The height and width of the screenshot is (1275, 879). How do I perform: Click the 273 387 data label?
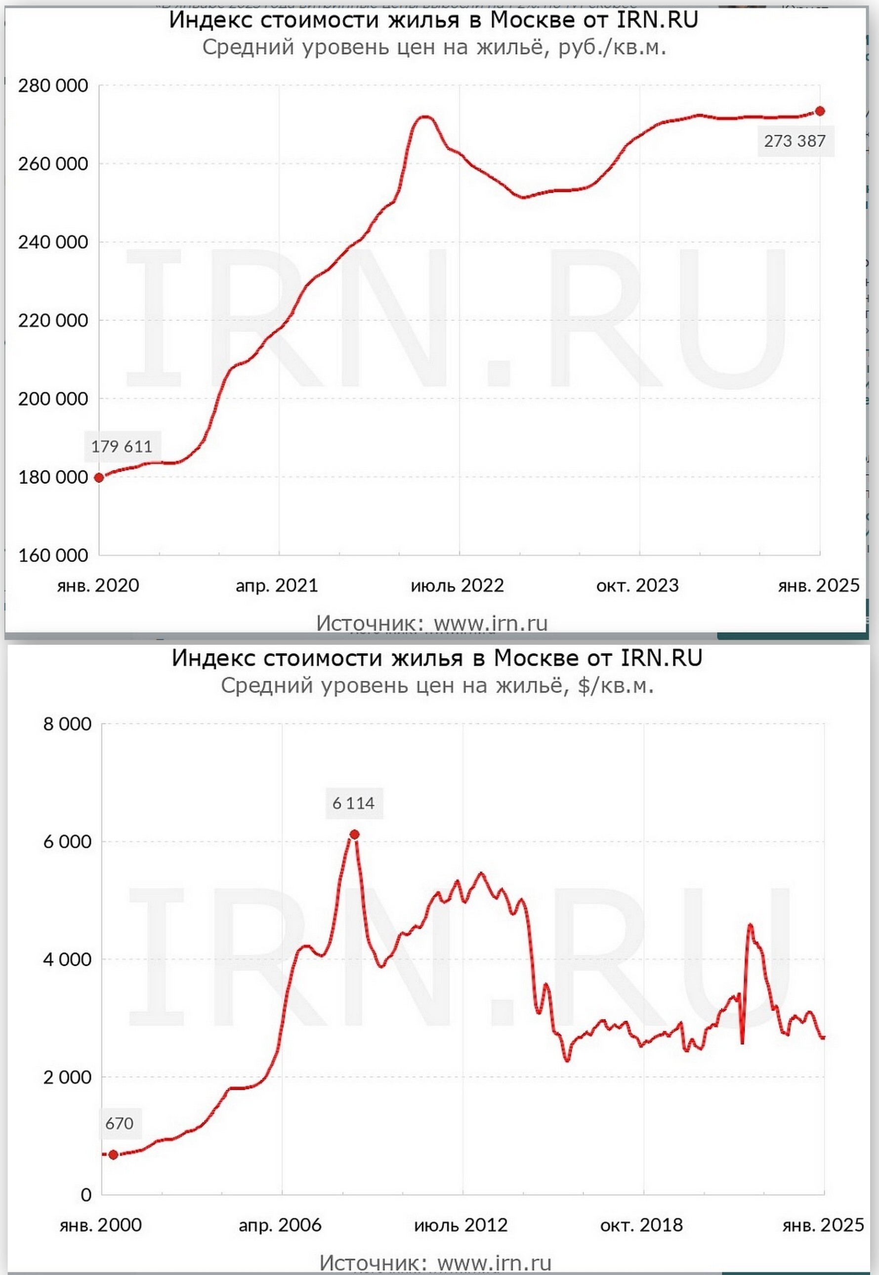coord(795,141)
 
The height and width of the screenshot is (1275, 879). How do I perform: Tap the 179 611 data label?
coord(122,446)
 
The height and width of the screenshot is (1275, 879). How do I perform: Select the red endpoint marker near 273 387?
coord(820,111)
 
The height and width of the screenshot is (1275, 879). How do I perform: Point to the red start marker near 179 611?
coord(99,477)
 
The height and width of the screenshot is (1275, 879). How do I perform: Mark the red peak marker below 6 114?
coord(355,834)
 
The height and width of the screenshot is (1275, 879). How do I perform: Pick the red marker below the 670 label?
coord(114,1154)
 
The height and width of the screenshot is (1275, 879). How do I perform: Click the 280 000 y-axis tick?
coord(53,86)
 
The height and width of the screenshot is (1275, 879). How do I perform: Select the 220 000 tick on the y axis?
coord(53,321)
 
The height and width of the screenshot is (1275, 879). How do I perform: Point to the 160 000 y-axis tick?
coord(53,555)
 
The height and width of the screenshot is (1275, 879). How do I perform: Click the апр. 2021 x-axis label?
coord(277,585)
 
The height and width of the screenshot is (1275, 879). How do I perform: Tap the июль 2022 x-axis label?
coord(457,585)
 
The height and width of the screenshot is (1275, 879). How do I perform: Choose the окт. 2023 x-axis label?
coord(637,585)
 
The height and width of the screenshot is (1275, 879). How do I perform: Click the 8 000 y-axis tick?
coord(67,724)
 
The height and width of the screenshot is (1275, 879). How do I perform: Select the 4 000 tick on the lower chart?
coord(67,959)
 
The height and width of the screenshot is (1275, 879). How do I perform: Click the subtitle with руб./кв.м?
coord(434,47)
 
